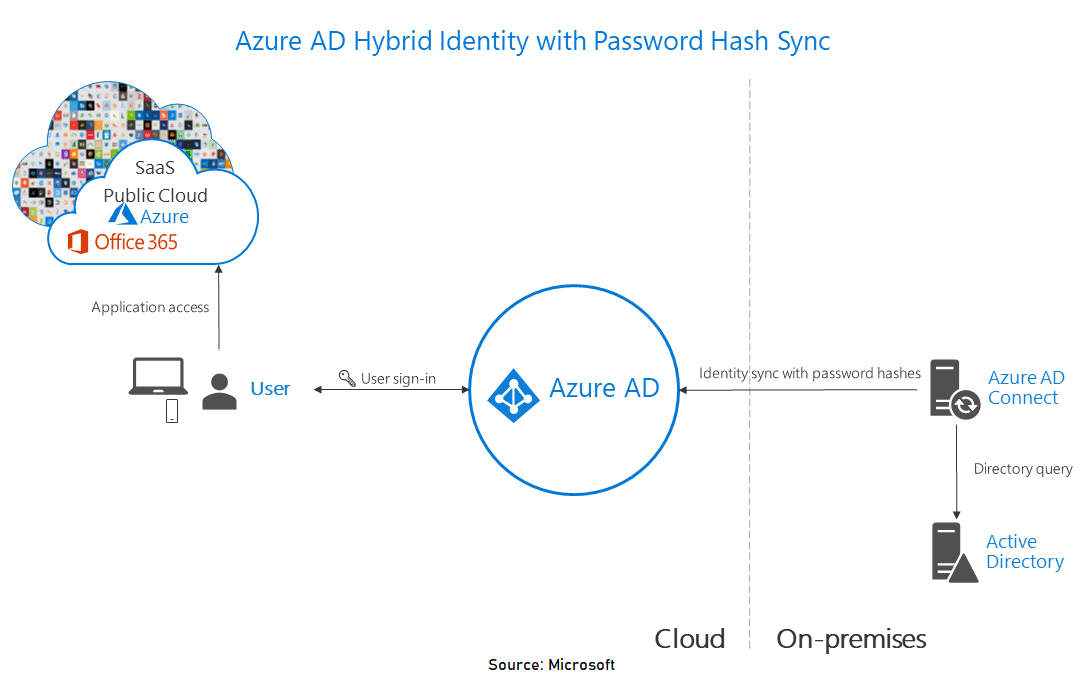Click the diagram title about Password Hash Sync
point(532,41)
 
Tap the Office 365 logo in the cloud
point(77,241)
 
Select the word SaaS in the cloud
point(155,168)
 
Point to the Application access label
point(150,307)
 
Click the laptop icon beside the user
point(158,378)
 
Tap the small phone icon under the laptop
point(171,410)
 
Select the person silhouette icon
point(219,391)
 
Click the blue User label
point(270,389)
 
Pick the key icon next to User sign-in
point(346,378)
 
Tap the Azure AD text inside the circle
point(604,388)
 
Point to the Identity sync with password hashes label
point(809,373)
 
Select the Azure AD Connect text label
point(1025,388)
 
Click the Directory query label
point(1022,468)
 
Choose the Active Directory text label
point(1024,552)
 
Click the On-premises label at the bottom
point(851,639)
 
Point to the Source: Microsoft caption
point(551,665)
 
